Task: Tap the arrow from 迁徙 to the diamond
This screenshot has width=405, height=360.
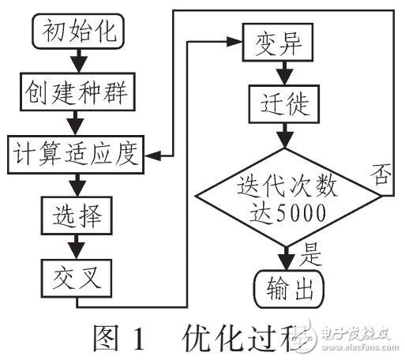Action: pyautogui.click(x=281, y=134)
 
